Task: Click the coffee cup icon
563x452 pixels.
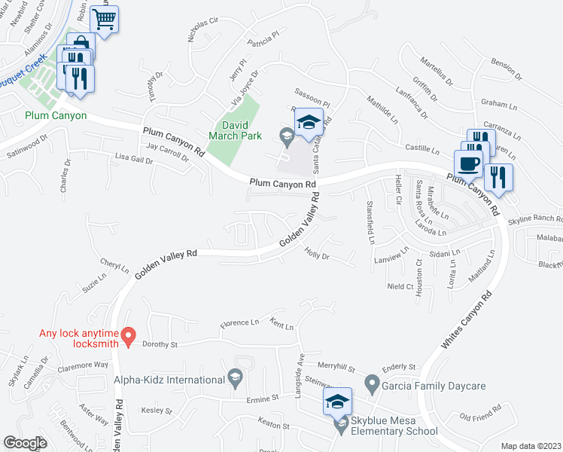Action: pos(468,163)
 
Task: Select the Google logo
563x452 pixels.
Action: pos(25,443)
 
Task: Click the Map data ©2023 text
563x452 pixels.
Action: pos(531,446)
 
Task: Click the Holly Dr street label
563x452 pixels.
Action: pos(317,256)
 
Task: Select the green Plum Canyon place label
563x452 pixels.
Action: pos(55,116)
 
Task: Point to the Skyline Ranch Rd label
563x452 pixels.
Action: pos(534,220)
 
